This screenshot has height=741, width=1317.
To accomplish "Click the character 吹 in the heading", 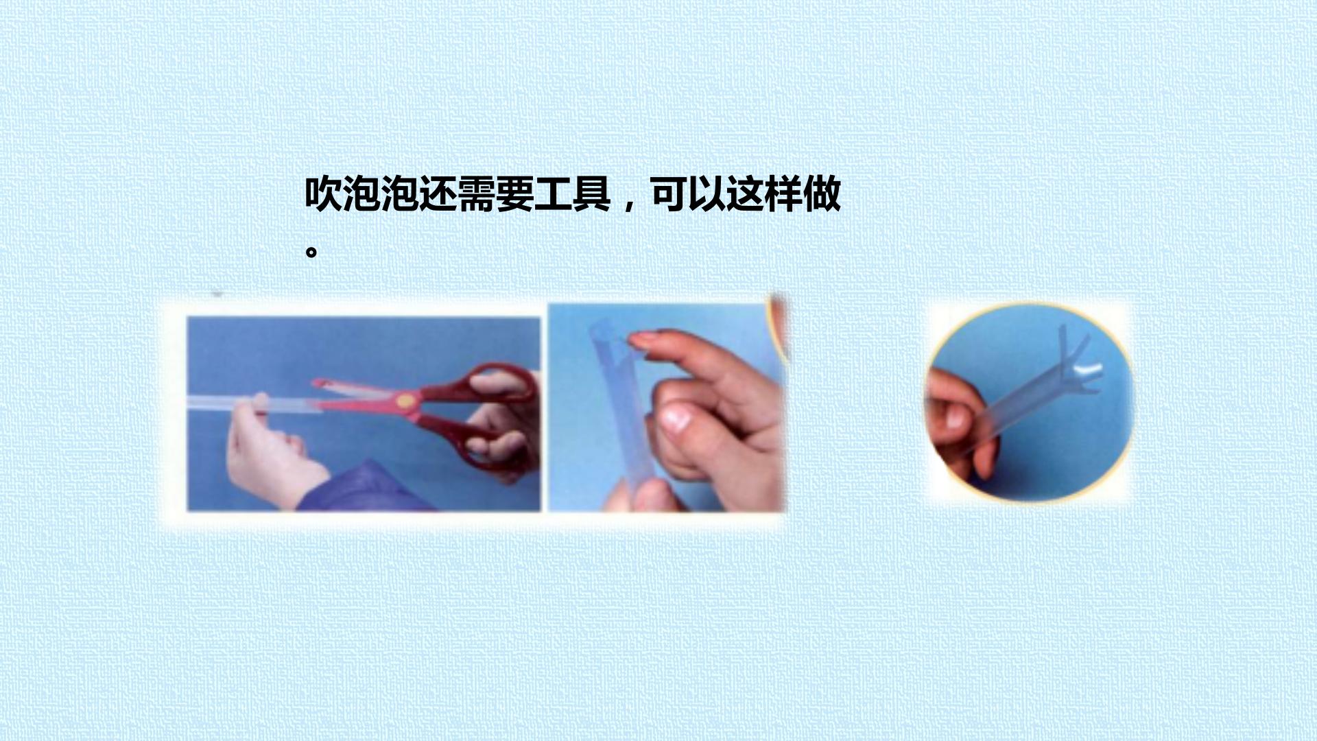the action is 324,195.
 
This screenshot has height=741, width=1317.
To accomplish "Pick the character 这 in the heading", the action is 746,195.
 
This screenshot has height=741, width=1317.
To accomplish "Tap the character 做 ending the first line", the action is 822,195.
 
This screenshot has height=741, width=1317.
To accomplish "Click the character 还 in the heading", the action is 438,195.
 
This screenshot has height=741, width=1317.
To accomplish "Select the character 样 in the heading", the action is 784,195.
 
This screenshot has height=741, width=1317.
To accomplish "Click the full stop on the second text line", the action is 311,252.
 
